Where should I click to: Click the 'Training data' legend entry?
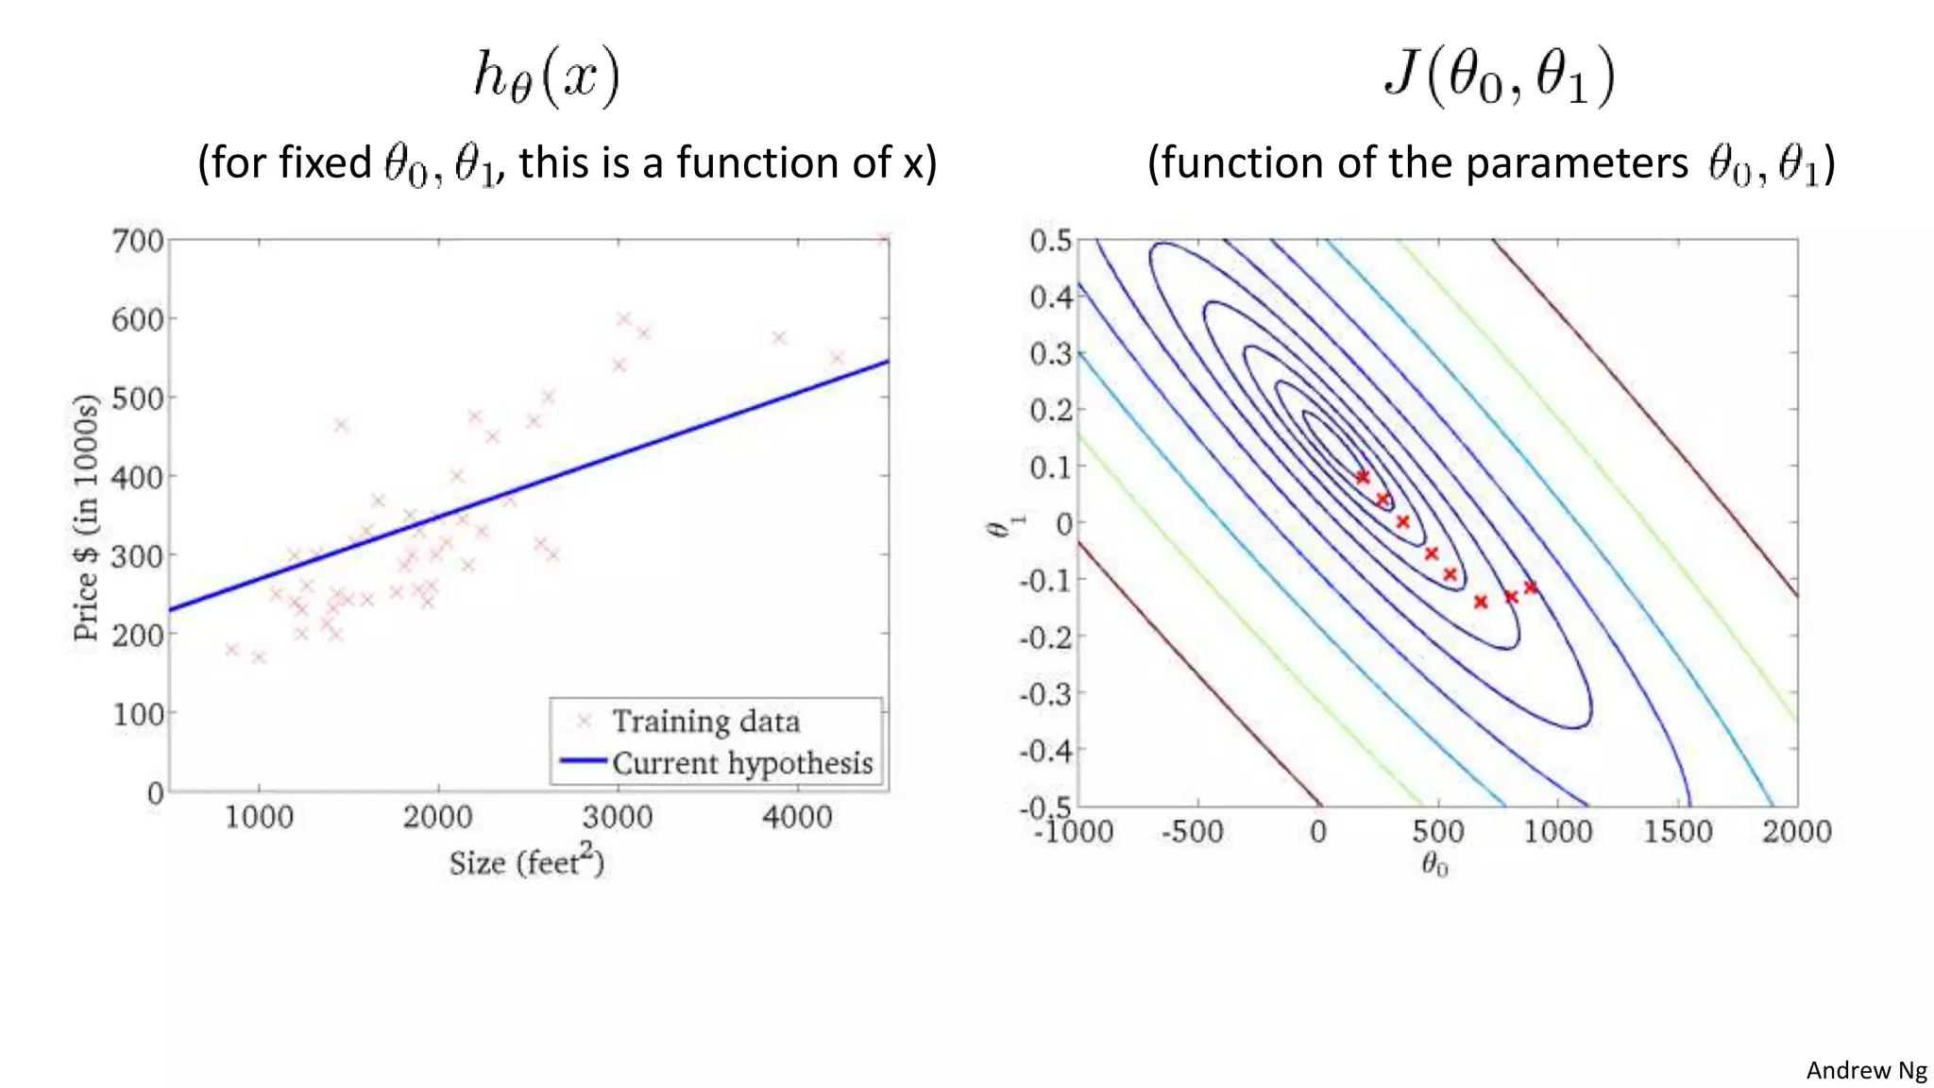(705, 722)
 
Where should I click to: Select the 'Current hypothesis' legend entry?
(742, 763)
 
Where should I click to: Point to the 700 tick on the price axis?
(138, 241)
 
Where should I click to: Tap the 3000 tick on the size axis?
(618, 817)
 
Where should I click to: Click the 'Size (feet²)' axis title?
(526, 860)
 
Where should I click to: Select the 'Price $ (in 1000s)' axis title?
(86, 518)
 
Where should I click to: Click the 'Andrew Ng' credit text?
(1866, 1070)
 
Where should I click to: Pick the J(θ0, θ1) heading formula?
(1499, 76)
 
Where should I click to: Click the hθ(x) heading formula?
(547, 76)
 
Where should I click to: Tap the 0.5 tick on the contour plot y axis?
(1051, 240)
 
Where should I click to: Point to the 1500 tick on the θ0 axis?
(1678, 832)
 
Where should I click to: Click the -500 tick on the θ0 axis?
(1193, 832)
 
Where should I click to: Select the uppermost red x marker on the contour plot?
(1362, 477)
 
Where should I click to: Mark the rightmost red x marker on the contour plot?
(1531, 587)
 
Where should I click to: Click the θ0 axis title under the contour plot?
(1434, 864)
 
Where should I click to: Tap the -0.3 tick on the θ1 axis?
(1046, 694)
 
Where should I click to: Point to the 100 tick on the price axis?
(138, 714)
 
